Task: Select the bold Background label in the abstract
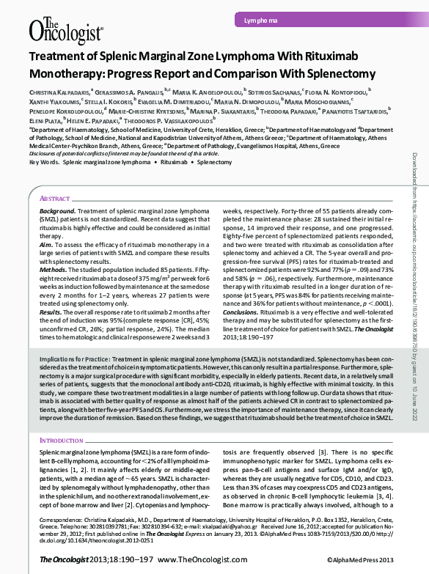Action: click(x=57, y=210)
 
